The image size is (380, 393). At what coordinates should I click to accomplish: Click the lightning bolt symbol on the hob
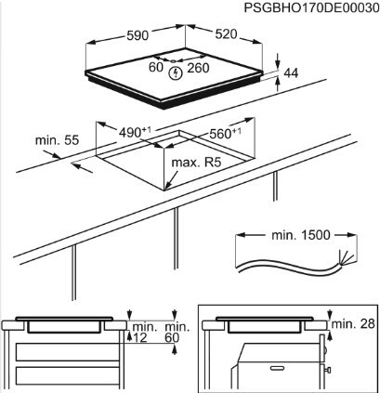(176, 69)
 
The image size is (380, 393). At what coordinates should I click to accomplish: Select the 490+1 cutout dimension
(135, 132)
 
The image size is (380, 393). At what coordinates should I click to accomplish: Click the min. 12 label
(142, 334)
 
